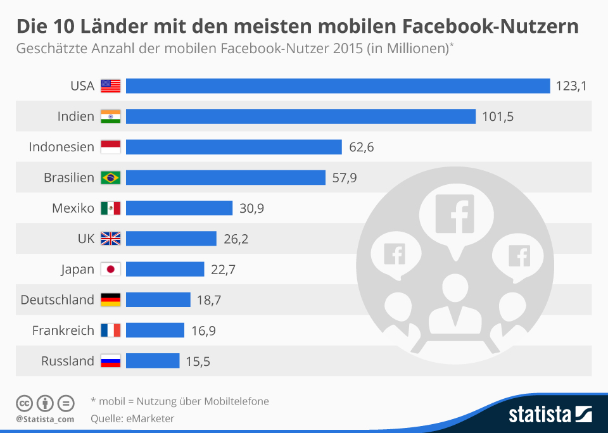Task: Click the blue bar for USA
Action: (x=338, y=86)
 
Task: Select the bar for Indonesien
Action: (x=234, y=147)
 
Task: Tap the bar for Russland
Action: (x=153, y=361)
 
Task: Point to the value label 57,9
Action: (x=345, y=178)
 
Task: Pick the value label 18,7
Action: (x=209, y=300)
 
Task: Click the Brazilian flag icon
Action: (x=111, y=178)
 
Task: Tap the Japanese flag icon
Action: (x=111, y=270)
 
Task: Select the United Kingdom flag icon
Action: (x=111, y=239)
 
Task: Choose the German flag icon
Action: (x=111, y=300)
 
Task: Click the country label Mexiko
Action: (x=74, y=208)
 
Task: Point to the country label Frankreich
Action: (x=63, y=330)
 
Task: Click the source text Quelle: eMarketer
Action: (x=132, y=418)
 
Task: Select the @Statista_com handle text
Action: (x=45, y=419)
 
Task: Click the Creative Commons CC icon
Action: (x=24, y=403)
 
